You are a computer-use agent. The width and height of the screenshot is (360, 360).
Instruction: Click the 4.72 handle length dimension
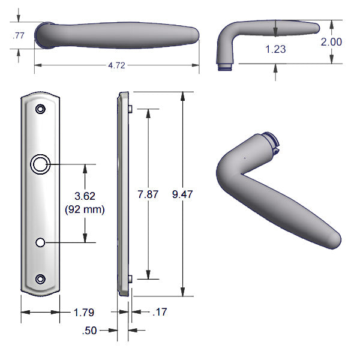point(116,66)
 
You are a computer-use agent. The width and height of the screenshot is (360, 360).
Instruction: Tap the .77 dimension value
point(18,36)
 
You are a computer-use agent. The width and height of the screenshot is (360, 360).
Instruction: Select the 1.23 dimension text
point(275,50)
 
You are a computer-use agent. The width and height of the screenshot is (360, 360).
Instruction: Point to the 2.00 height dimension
point(331,42)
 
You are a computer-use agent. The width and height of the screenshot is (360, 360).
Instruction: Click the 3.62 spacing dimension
point(84,196)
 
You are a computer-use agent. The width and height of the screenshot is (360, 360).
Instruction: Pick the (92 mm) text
point(84,209)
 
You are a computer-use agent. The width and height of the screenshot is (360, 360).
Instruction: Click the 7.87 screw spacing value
point(148,194)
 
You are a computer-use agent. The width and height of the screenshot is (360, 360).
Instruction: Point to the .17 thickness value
point(160,312)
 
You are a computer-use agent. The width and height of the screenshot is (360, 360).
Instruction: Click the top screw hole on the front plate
point(40,110)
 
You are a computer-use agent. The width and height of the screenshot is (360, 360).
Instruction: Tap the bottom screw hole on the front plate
point(40,279)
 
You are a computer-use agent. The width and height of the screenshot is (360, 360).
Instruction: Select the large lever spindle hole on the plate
point(40,164)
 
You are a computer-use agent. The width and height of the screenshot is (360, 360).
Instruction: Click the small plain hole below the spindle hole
point(40,242)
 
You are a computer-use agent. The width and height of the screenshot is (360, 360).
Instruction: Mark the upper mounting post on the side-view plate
point(130,109)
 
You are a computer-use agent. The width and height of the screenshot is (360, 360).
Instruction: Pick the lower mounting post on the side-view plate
point(130,278)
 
